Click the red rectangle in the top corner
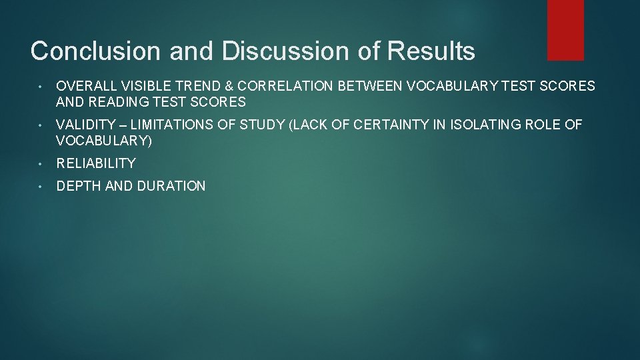[x=565, y=29]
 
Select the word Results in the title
[x=441, y=51]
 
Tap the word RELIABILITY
[x=96, y=163]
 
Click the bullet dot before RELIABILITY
[x=41, y=163]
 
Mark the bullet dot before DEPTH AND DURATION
[x=41, y=186]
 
